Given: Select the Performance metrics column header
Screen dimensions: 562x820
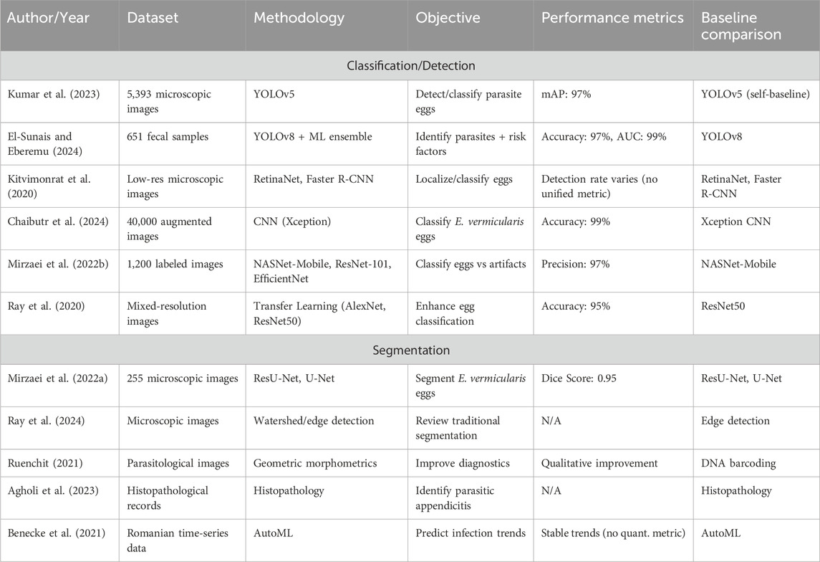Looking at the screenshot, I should pos(612,18).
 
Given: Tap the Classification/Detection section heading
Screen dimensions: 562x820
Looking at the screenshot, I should pos(410,65).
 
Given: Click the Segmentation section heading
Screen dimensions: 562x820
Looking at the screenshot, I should pos(410,352).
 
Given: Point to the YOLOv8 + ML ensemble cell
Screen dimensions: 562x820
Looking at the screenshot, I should pos(313,137).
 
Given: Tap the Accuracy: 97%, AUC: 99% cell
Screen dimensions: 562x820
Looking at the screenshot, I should pos(604,137).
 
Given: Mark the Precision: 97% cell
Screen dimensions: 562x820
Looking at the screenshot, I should pos(576,265).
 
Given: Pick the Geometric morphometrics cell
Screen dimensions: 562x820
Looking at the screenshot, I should pos(315,463).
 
